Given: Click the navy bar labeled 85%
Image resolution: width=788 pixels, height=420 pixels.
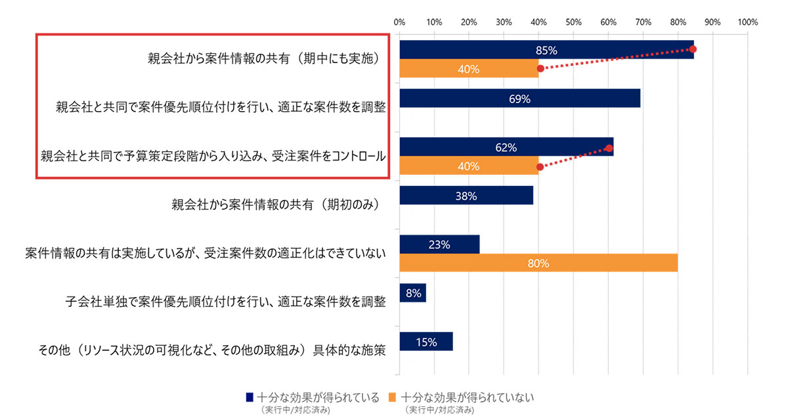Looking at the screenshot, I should pos(546,50).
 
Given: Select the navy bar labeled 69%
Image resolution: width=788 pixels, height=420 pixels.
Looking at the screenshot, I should pos(519,98).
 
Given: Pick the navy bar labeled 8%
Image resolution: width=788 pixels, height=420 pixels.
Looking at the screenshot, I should pos(412,293).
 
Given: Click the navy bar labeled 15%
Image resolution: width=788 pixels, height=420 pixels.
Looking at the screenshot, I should pos(426,341).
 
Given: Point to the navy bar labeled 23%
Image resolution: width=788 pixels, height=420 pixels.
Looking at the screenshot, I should pos(439,245).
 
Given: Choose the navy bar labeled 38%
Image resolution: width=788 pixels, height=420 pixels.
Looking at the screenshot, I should pos(466,195).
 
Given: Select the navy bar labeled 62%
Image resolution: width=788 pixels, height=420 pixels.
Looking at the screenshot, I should pos(506,147).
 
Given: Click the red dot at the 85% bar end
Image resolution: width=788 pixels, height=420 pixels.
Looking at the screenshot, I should pos(693,49).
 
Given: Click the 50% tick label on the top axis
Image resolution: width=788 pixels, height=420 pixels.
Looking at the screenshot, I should pos(573,22).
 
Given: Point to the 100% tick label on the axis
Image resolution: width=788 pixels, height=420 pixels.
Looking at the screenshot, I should pos(747,22).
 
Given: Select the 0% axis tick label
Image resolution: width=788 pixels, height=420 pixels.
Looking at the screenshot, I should pos(399,22).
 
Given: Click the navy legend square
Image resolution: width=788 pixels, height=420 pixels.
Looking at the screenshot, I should pos(250,397).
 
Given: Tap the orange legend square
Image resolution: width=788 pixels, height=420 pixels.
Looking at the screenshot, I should pos(393,397).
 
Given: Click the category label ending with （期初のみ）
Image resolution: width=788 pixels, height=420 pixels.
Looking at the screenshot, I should pos(276,204).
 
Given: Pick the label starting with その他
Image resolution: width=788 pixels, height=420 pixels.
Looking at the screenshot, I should pos(211,350).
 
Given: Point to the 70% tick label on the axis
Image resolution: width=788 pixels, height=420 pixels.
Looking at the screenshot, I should pos(643,22).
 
